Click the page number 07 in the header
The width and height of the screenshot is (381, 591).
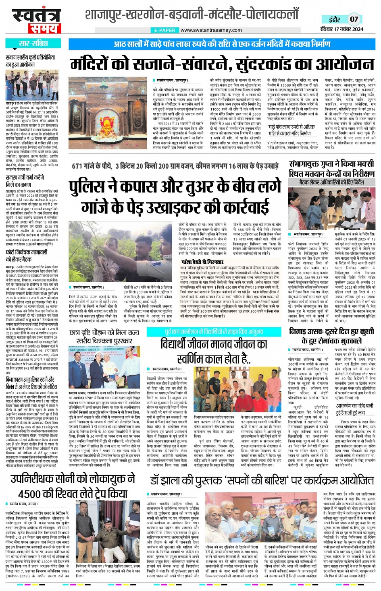pyautogui.click(x=354, y=19)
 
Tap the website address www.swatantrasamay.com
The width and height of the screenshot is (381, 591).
pyautogui.click(x=211, y=30)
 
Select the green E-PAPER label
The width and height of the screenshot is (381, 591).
pyautogui.click(x=165, y=30)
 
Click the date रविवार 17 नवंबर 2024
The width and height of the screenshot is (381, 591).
pyautogui.click(x=341, y=29)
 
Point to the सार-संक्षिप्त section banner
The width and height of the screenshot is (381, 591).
pyautogui.click(x=34, y=43)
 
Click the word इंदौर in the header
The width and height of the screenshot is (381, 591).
pyautogui.click(x=334, y=19)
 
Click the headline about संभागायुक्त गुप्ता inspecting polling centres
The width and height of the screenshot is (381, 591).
pyautogui.click(x=332, y=169)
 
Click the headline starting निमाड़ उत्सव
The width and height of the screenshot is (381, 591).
pyautogui.click(x=331, y=335)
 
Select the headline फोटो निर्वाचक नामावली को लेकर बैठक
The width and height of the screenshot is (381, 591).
pyautogui.click(x=27, y=255)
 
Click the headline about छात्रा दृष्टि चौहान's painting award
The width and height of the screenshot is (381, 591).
pyautogui.click(x=104, y=337)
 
